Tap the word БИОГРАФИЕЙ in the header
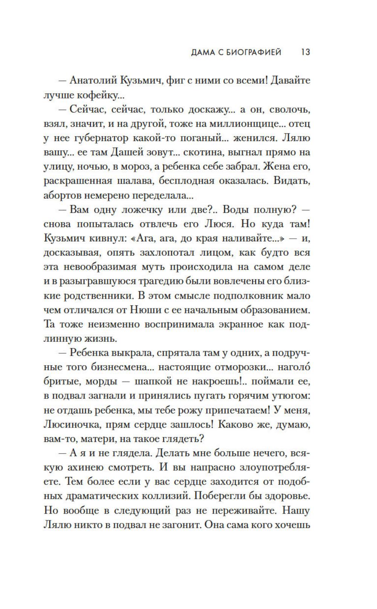(254, 52)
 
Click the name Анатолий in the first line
(93, 81)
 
